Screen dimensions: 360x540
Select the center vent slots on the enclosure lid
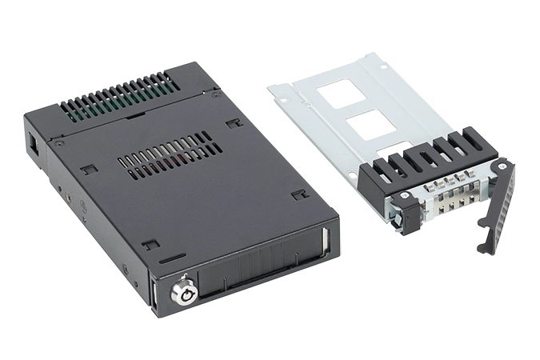[170, 154]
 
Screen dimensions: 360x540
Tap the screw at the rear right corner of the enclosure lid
[216, 94]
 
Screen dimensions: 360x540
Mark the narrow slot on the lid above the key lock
[171, 259]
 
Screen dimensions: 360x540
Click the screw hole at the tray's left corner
[282, 98]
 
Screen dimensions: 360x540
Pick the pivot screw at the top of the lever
[502, 166]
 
